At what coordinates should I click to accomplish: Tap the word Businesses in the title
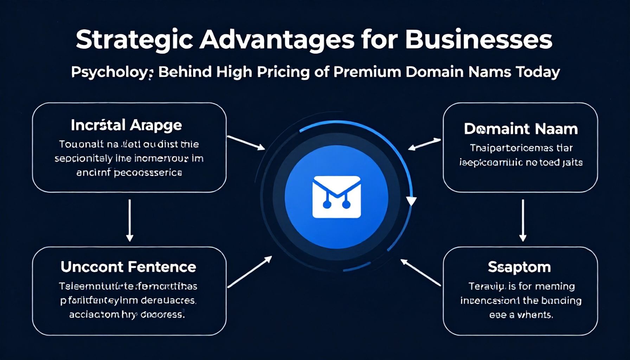coord(478,40)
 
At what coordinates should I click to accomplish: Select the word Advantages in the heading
coord(277,40)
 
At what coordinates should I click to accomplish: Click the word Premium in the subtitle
coord(367,72)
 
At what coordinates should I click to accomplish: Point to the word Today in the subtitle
coord(538,72)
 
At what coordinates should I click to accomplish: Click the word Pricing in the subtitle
coord(283,72)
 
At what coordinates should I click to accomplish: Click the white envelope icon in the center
coord(336,197)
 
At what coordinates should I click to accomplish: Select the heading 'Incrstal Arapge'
coord(126,125)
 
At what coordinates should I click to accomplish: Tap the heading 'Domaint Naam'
coord(521,129)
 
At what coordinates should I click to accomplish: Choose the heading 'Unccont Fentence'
coord(128,267)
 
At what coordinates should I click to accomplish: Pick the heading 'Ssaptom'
coord(519,267)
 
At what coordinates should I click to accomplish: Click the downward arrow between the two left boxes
coord(130,220)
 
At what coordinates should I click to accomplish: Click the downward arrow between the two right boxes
coord(523,220)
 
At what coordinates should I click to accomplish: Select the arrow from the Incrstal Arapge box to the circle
coord(246,143)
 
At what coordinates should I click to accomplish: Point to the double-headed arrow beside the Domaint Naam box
coord(424,144)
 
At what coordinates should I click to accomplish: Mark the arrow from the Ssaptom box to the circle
coord(420,272)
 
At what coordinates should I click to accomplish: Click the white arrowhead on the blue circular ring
coord(411,201)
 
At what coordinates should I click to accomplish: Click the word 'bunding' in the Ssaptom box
coord(561,301)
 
